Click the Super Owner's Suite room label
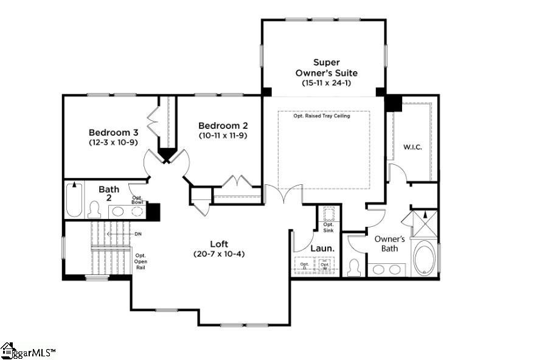[x=323, y=67]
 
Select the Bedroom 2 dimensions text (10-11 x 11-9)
[x=223, y=136]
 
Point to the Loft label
[x=219, y=243]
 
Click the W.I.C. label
[x=412, y=147]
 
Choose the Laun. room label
[x=321, y=249]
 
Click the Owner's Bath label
[x=389, y=243]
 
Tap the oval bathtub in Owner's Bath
[x=424, y=258]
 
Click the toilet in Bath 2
[x=94, y=210]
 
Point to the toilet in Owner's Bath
[x=354, y=267]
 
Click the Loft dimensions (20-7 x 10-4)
[x=219, y=254]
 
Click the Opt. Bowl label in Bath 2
[x=137, y=199]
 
